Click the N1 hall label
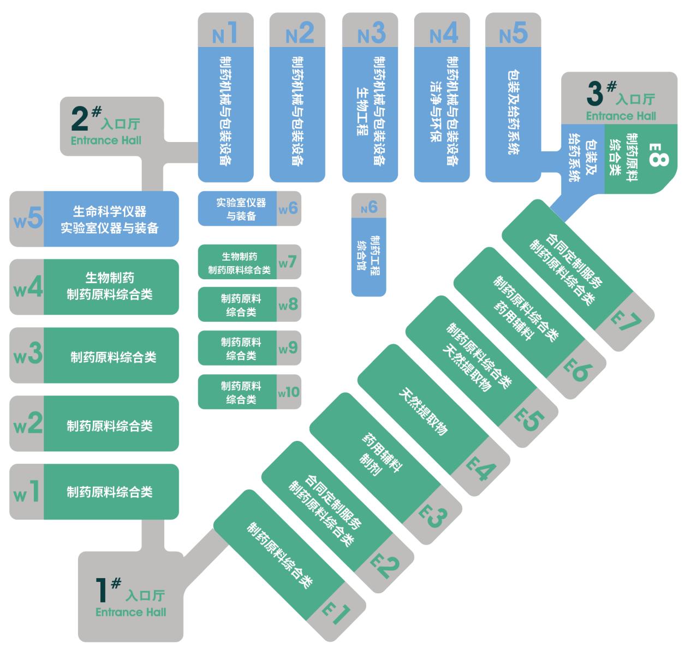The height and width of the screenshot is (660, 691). (x=225, y=33)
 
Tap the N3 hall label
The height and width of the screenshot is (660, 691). (x=371, y=33)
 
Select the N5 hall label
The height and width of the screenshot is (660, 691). (x=514, y=33)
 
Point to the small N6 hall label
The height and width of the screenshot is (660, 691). (x=369, y=207)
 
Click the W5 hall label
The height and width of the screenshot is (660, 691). (x=27, y=220)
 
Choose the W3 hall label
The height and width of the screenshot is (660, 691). (x=27, y=355)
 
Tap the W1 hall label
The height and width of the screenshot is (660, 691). (x=27, y=492)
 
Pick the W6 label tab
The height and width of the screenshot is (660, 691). (x=288, y=209)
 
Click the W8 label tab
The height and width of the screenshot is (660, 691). (x=288, y=304)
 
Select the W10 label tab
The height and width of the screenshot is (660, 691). (x=289, y=392)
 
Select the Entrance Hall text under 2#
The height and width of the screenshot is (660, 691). (x=106, y=140)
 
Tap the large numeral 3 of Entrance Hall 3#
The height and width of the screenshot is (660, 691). (x=595, y=93)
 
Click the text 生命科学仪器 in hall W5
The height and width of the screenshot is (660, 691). (x=110, y=211)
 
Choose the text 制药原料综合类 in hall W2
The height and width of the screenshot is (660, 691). (x=110, y=426)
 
